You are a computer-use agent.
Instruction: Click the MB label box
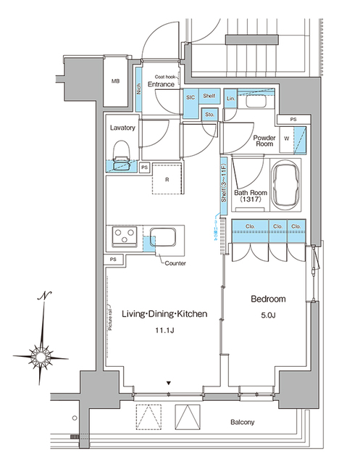pos(115,81)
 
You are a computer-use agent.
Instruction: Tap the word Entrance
pos(161,85)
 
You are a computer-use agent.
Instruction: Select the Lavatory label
pos(122,128)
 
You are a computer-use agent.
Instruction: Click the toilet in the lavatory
pos(122,153)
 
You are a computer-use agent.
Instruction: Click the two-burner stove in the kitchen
pos(125,237)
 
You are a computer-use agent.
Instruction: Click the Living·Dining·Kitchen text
pos(164,314)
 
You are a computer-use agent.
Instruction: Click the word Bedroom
pos(268,299)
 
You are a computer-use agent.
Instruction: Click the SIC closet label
pos(191,97)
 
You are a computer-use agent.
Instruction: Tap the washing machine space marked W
pos(288,137)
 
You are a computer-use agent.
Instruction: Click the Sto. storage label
pos(209,114)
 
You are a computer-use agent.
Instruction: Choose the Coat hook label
pos(165,75)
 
